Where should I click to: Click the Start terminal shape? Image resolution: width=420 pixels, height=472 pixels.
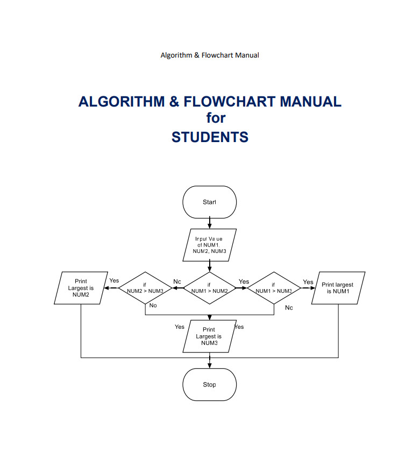[x=209, y=202]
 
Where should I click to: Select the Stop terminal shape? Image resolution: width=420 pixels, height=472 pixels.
[x=209, y=385]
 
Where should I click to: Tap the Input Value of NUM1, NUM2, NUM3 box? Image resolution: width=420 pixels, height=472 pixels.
[x=209, y=244]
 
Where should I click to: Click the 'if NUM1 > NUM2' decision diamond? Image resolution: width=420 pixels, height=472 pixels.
[x=209, y=288]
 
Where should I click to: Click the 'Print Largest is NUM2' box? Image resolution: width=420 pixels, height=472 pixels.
[x=81, y=288]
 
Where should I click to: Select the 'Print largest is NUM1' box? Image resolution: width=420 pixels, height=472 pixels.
[x=338, y=288]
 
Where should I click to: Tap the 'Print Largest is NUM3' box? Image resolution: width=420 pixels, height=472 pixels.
[x=209, y=336]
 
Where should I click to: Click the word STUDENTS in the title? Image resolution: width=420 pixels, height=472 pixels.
[x=210, y=137]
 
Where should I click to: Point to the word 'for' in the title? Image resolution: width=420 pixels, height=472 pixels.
[x=216, y=118]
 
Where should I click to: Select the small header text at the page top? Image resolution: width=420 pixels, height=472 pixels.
[x=210, y=55]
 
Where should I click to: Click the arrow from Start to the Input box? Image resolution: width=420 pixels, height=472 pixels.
[x=209, y=223]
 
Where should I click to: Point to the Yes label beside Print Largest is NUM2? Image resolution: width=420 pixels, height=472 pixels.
[x=114, y=280]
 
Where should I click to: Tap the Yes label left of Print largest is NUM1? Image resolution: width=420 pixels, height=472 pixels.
[x=308, y=282]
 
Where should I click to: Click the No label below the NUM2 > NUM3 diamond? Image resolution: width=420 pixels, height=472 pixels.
[x=153, y=305]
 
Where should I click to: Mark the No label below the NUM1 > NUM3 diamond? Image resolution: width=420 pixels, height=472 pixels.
[x=289, y=308]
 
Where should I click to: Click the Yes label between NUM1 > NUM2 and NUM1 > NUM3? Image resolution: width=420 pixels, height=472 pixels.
[x=244, y=281]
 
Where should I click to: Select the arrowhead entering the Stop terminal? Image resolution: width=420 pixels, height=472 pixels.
[x=209, y=365]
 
